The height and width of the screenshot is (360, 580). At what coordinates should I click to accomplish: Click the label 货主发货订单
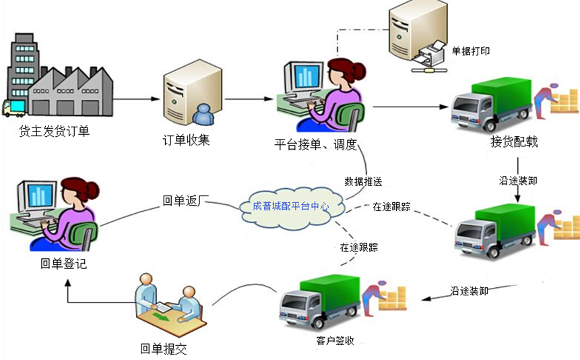click(55, 131)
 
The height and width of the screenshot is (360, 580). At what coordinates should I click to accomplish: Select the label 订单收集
click(187, 141)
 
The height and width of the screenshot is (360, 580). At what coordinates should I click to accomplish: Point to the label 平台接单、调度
click(315, 145)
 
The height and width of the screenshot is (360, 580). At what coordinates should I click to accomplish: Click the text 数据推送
click(364, 181)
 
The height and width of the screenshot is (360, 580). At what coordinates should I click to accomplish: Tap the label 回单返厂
click(187, 200)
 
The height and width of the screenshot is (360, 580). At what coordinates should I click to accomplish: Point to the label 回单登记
click(64, 264)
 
